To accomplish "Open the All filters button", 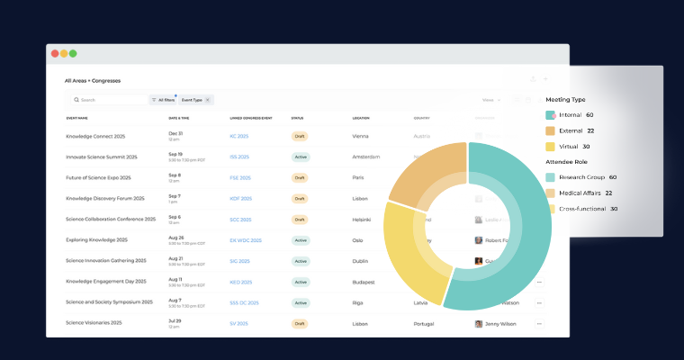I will coord(164,100).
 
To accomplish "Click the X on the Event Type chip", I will coord(208,100).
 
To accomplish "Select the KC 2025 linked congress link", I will coord(238,136).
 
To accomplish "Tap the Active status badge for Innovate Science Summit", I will coord(301,157).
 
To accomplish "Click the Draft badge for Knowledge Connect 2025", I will coord(300,136).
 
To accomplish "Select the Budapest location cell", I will coord(365,282).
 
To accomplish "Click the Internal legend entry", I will coord(570,115).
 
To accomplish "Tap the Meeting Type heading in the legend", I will coord(565,99).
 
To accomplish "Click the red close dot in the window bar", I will coord(55,53).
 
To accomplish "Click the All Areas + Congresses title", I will coord(92,81).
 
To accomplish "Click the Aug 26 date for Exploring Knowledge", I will coord(176,238).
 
